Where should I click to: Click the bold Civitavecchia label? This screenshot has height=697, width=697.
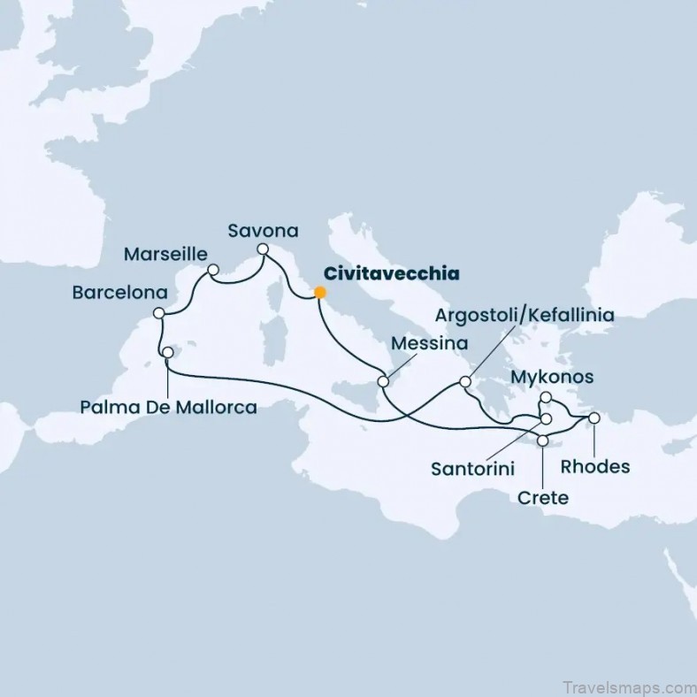(x=392, y=272)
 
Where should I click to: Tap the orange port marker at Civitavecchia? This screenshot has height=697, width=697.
(x=320, y=292)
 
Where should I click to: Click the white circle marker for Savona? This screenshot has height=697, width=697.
(x=263, y=251)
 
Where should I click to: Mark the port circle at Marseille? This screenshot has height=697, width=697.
(x=212, y=270)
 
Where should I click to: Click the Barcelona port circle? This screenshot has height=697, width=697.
(x=159, y=313)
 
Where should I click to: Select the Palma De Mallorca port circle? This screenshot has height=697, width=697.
(x=168, y=353)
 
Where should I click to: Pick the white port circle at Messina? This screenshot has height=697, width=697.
(x=383, y=382)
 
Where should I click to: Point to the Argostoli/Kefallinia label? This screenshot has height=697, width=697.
(x=525, y=315)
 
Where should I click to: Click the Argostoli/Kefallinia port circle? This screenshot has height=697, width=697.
(x=465, y=383)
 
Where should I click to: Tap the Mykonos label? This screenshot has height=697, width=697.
(x=553, y=378)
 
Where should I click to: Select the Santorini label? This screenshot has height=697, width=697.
(x=473, y=467)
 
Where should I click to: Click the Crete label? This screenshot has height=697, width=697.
(x=542, y=498)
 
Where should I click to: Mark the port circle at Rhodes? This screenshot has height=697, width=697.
(x=594, y=417)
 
